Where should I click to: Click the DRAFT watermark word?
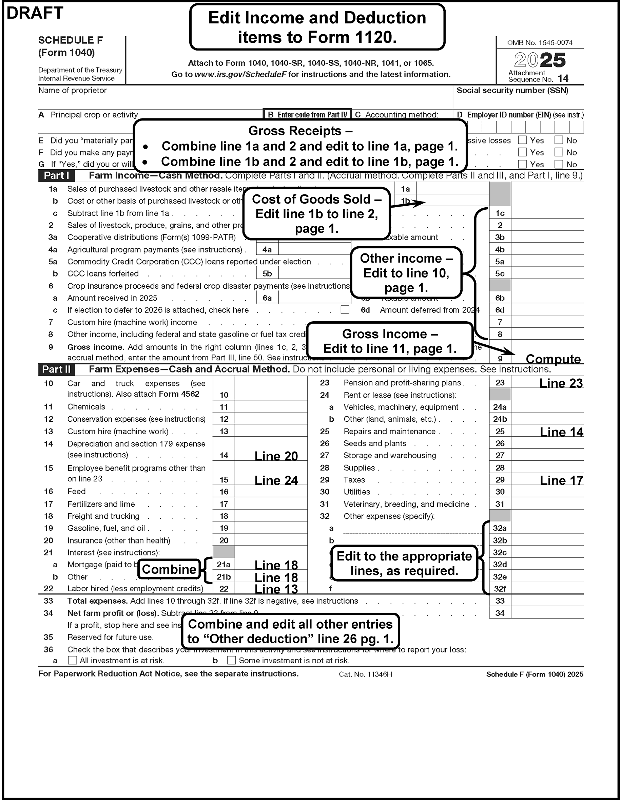(x=35, y=13)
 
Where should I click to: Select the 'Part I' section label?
(x=56, y=175)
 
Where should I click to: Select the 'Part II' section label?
(x=56, y=369)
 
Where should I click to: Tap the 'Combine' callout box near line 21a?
(x=169, y=569)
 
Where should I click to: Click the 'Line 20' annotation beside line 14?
(x=276, y=456)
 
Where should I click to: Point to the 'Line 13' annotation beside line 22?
(x=276, y=589)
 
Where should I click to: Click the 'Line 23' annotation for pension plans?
(x=561, y=383)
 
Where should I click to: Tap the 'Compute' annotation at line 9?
(x=553, y=359)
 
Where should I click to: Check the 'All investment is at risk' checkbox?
(x=73, y=660)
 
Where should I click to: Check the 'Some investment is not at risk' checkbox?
(x=231, y=660)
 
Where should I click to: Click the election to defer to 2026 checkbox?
(x=345, y=310)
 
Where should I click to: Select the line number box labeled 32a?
(x=500, y=528)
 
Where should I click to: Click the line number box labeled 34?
(x=500, y=613)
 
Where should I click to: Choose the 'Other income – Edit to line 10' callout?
(x=406, y=273)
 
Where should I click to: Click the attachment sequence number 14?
(x=563, y=78)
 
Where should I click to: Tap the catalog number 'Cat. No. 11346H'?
(x=366, y=674)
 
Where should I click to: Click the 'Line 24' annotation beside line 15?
(x=276, y=480)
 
